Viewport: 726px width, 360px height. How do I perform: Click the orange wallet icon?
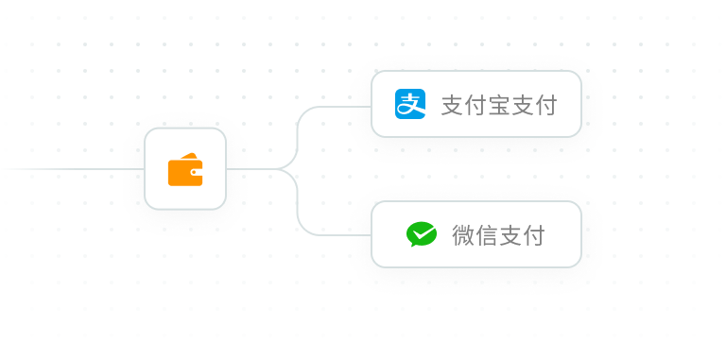184,169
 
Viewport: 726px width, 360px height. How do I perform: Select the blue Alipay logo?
410,103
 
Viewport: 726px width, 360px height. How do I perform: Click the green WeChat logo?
422,233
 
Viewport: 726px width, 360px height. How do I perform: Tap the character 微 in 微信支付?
464,235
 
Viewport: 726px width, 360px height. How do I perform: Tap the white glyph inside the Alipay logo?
410,104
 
